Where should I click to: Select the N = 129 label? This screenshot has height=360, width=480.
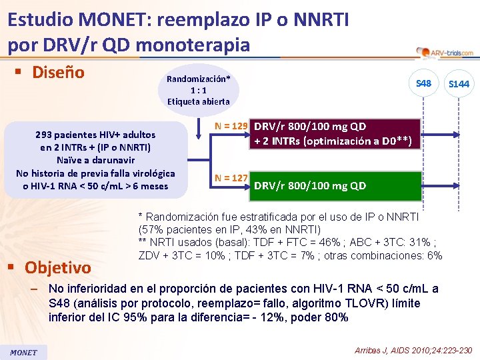(x=231, y=125)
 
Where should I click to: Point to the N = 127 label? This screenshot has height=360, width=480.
(x=231, y=177)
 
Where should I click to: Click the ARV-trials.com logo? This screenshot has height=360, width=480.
(x=444, y=52)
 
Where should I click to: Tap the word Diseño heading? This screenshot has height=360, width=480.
(x=59, y=72)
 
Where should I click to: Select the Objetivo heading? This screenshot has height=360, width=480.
(x=58, y=267)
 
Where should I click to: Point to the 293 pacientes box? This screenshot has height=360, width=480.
(x=95, y=160)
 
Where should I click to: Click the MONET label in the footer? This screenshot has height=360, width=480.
(x=23, y=352)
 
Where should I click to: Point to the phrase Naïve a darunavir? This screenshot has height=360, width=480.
(x=95, y=160)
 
